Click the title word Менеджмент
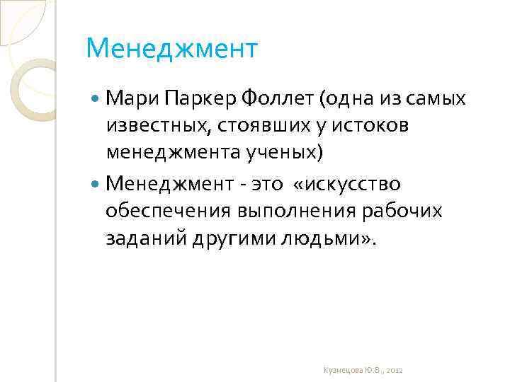pyautogui.click(x=172, y=50)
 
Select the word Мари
pyautogui.click(x=130, y=98)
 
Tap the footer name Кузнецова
pyautogui.click(x=341, y=371)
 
